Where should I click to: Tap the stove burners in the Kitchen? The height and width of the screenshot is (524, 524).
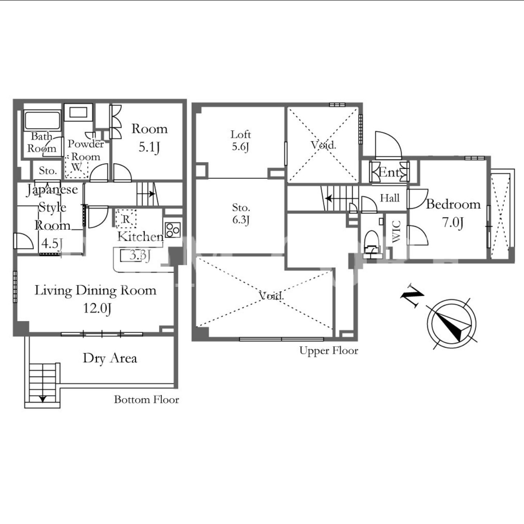[173, 230]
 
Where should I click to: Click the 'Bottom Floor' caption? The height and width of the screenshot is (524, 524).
[147, 400]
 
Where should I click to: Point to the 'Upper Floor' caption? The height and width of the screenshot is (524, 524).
[328, 351]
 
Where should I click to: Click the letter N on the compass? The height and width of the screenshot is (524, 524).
[412, 296]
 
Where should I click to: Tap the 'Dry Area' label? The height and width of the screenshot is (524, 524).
[110, 358]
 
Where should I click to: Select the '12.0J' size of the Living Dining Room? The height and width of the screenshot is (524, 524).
[97, 309]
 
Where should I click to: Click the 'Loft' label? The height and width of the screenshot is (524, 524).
[241, 134]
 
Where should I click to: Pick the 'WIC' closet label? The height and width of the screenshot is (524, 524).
[396, 231]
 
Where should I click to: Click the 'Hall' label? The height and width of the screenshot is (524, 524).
[390, 198]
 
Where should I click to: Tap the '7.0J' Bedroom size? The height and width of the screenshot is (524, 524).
[453, 223]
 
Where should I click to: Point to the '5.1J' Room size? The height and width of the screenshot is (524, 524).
[149, 147]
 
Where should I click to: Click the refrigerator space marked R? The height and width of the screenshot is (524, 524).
[126, 219]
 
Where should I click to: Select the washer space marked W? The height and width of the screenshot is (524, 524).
[76, 167]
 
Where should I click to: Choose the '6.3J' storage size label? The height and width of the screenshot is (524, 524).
[241, 220]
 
